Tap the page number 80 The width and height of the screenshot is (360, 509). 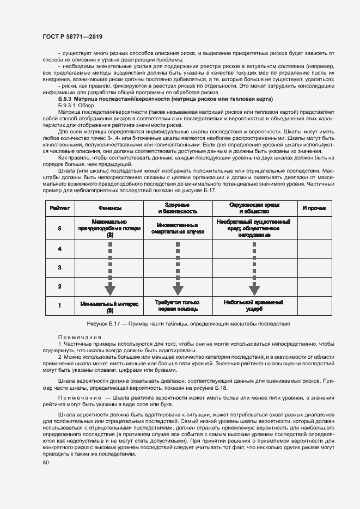[45, 463]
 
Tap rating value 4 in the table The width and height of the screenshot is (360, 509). [59, 249]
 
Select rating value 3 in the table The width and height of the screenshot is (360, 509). [59, 267]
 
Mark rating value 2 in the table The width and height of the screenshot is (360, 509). [59, 286]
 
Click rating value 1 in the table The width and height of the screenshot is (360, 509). [59, 305]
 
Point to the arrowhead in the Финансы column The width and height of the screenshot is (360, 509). [110, 288]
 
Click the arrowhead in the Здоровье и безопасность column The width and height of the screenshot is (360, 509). [178, 288]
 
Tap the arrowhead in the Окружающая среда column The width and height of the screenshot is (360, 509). [254, 288]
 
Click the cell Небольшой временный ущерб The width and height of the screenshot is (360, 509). [254, 305]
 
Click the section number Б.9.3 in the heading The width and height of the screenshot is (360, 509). [65, 100]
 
